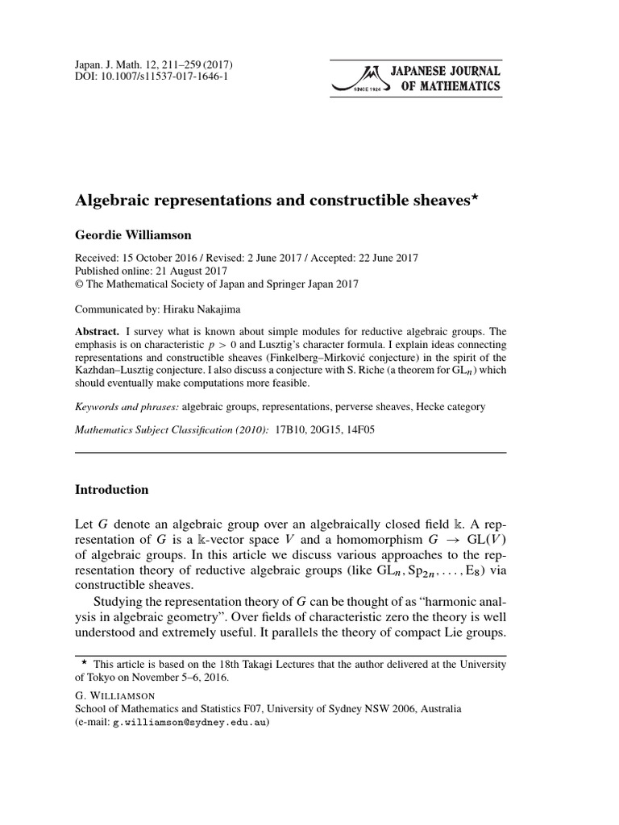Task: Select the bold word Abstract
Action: [x=96, y=331]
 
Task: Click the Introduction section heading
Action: [x=111, y=489]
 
